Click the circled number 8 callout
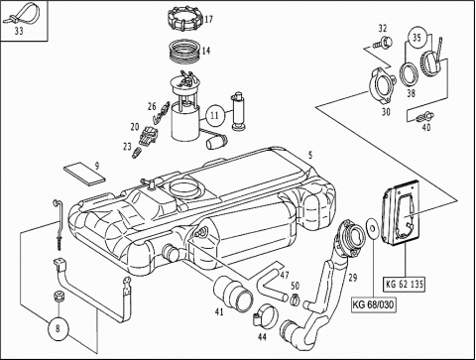tap(59, 329)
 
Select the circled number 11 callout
tap(214, 115)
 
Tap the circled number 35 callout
tap(417, 38)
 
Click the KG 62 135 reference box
tap(405, 285)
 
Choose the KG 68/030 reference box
tap(374, 304)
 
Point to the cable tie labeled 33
tap(21, 16)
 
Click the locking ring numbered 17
tap(185, 19)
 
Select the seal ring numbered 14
tap(184, 52)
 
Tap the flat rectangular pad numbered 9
tap(85, 173)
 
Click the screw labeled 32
tap(383, 43)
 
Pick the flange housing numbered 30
tap(382, 86)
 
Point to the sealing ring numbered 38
tap(410, 74)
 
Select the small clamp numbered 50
tap(295, 299)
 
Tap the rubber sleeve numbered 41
tap(233, 294)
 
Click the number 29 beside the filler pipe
tap(353, 278)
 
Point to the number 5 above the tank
tap(310, 155)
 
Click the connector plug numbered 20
tap(149, 136)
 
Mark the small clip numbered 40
tap(424, 117)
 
